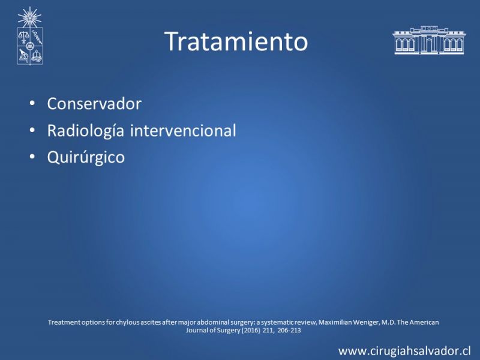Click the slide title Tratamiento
click(x=236, y=41)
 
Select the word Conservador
click(x=94, y=103)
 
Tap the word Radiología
click(x=86, y=131)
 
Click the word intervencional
click(x=183, y=130)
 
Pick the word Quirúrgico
click(x=86, y=158)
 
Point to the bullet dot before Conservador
click(x=32, y=103)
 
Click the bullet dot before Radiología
click(x=32, y=130)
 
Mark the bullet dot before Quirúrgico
click(x=32, y=157)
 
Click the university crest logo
click(x=29, y=36)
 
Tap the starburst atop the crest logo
click(x=29, y=17)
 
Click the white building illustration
click(x=429, y=40)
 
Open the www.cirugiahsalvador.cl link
click(x=404, y=351)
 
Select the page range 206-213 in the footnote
click(x=289, y=331)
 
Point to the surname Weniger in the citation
click(x=367, y=322)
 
